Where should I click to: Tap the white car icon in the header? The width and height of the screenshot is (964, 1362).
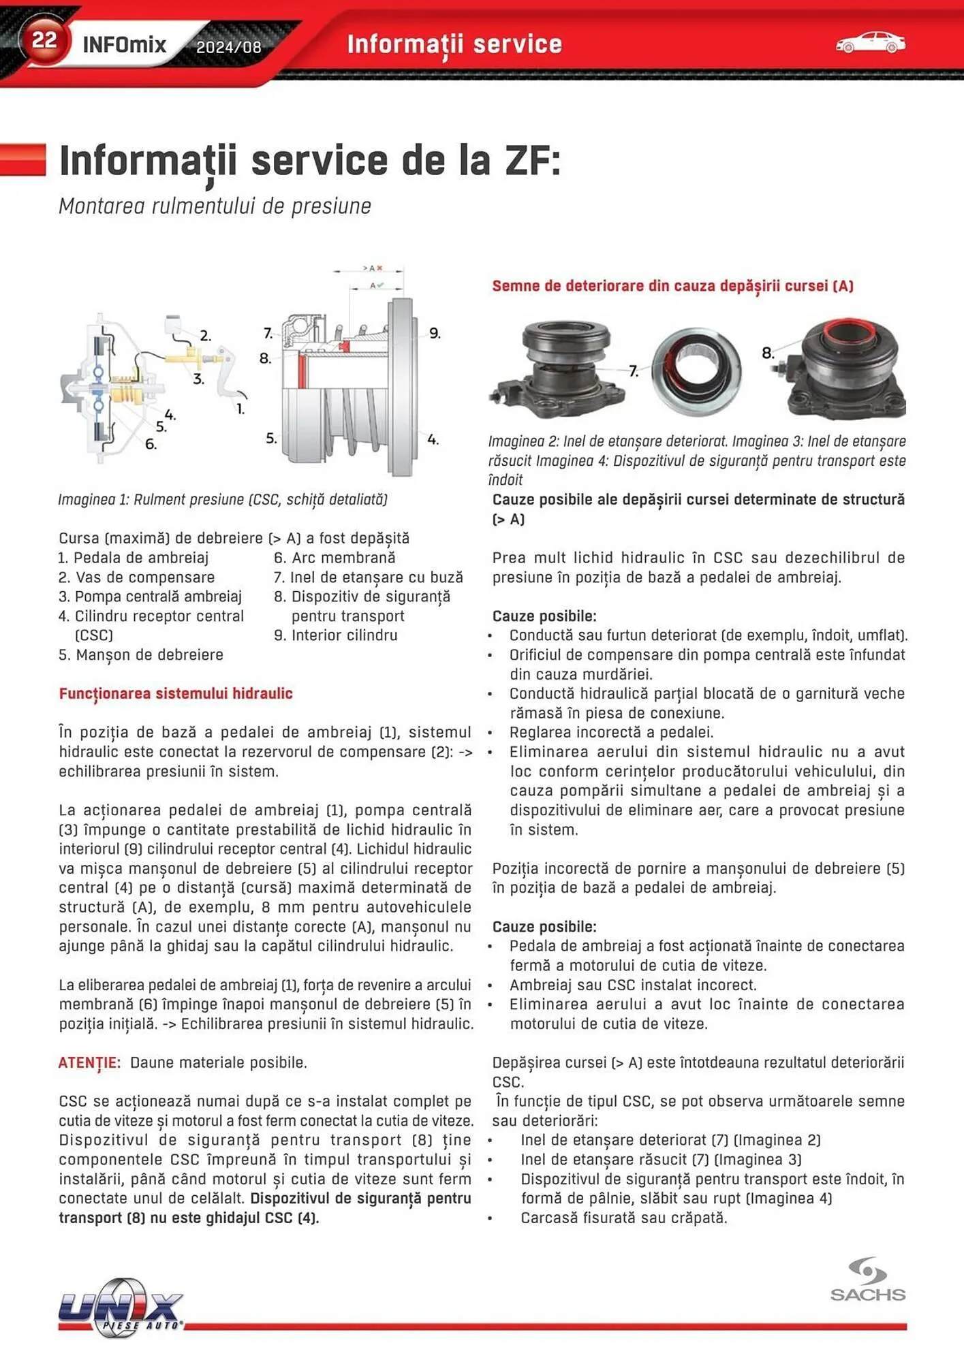[870, 43]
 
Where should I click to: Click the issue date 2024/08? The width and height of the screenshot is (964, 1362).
[228, 47]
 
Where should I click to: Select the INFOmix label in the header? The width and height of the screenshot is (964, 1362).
[124, 45]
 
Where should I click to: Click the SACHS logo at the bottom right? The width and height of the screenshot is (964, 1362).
[867, 1280]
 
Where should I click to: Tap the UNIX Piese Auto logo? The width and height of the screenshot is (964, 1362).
[121, 1307]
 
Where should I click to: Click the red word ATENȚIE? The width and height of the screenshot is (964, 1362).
[89, 1062]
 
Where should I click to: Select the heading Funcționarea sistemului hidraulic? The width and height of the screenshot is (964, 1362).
[176, 693]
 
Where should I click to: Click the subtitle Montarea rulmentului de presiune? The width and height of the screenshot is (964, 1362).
[215, 206]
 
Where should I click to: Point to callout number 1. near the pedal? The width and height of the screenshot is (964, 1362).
[240, 409]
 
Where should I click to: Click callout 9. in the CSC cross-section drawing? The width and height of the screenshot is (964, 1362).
[435, 333]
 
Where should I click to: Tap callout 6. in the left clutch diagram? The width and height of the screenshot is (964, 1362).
[151, 444]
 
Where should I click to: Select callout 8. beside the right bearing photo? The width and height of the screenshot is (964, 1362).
[768, 353]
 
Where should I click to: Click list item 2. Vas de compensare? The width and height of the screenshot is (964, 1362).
[136, 577]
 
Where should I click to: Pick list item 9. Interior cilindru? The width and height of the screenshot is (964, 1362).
[335, 635]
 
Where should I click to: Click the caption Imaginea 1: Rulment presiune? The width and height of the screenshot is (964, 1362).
[222, 499]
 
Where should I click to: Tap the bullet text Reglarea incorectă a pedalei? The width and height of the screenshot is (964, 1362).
[610, 732]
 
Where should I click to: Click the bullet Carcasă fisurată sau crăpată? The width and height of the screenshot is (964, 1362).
[623, 1218]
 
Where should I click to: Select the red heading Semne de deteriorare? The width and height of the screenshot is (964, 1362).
[672, 285]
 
